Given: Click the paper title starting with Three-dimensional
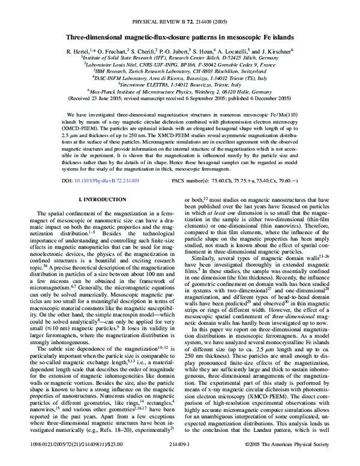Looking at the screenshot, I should click(x=180, y=37).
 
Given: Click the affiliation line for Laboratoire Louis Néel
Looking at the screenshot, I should click(x=180, y=63).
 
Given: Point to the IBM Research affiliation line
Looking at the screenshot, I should click(x=180, y=70).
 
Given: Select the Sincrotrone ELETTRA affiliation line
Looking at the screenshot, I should click(x=180, y=85).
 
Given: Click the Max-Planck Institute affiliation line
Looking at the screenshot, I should click(x=180, y=92).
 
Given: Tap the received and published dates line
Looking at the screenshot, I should click(x=180, y=100).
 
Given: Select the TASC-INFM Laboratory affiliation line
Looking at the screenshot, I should click(x=180, y=77).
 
